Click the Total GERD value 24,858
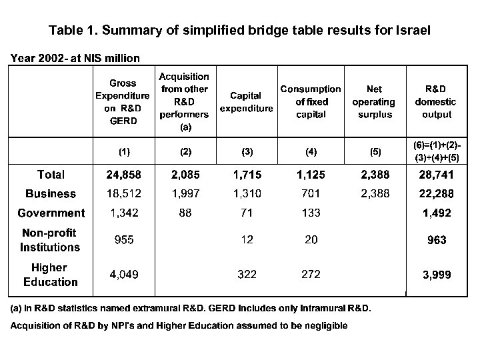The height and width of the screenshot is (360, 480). (x=124, y=175)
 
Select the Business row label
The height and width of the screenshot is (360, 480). (x=51, y=194)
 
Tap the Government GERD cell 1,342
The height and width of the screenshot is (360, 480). (x=124, y=213)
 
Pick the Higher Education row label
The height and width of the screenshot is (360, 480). (x=51, y=275)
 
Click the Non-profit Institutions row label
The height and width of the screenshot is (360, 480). (x=51, y=240)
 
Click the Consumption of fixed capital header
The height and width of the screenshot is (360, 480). (x=311, y=101)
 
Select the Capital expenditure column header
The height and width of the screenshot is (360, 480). (x=247, y=102)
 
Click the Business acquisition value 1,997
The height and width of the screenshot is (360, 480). (x=185, y=194)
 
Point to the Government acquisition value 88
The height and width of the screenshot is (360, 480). (x=185, y=213)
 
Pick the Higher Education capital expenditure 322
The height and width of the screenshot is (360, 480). (x=247, y=275)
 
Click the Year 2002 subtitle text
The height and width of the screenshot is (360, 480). (x=75, y=57)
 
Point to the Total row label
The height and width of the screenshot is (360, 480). (x=51, y=175)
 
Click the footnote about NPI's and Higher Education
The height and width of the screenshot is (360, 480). (x=177, y=325)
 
